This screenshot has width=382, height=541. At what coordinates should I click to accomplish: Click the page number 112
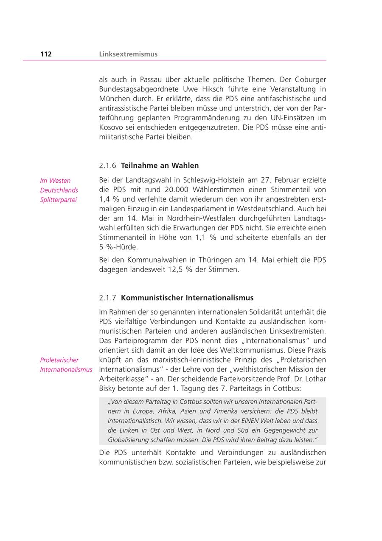[x=46, y=54]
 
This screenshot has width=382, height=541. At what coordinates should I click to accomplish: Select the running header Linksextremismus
[x=128, y=54]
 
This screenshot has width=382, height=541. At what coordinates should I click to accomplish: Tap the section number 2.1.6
[x=108, y=165]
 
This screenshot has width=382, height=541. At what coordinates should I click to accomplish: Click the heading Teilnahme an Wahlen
[x=160, y=165]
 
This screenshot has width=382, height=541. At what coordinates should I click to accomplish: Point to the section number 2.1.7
[x=108, y=297]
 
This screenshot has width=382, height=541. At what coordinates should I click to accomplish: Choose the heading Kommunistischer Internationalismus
[x=187, y=297]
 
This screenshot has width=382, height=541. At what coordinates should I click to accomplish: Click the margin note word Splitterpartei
[x=59, y=200]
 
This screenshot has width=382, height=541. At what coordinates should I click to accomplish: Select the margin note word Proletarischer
[x=59, y=360]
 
